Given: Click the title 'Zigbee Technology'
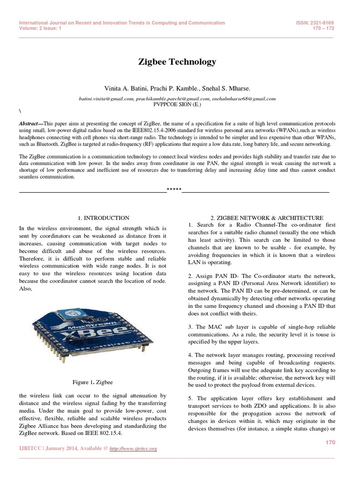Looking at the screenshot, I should [x=177, y=62].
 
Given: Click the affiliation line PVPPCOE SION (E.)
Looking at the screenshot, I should [x=177, y=105].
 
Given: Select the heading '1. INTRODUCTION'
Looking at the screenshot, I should [x=103, y=218].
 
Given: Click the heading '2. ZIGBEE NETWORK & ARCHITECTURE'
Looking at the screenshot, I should [x=267, y=218].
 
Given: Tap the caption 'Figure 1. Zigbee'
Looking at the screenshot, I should [x=93, y=382].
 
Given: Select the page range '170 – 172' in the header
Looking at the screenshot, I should [x=326, y=28].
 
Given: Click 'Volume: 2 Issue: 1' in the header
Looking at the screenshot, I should [x=40, y=28].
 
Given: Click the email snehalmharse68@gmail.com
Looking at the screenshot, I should [x=243, y=99].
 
